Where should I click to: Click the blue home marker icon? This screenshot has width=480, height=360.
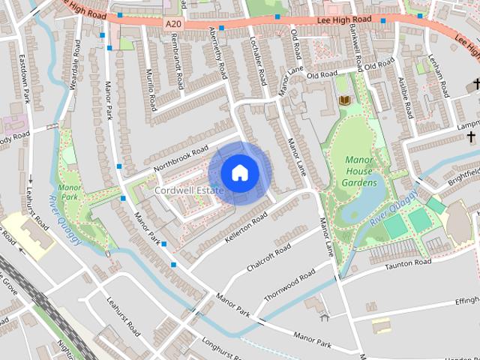[x=239, y=173]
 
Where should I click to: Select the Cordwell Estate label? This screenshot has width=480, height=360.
[x=190, y=192]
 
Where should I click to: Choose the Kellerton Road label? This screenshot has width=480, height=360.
[x=246, y=228]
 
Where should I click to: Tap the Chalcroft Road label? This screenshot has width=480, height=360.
[x=272, y=257]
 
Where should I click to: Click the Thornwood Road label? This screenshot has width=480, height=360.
[x=289, y=288]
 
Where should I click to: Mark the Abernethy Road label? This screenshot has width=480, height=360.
[x=218, y=54]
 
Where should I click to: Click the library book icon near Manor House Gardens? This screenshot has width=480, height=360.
[x=345, y=100]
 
